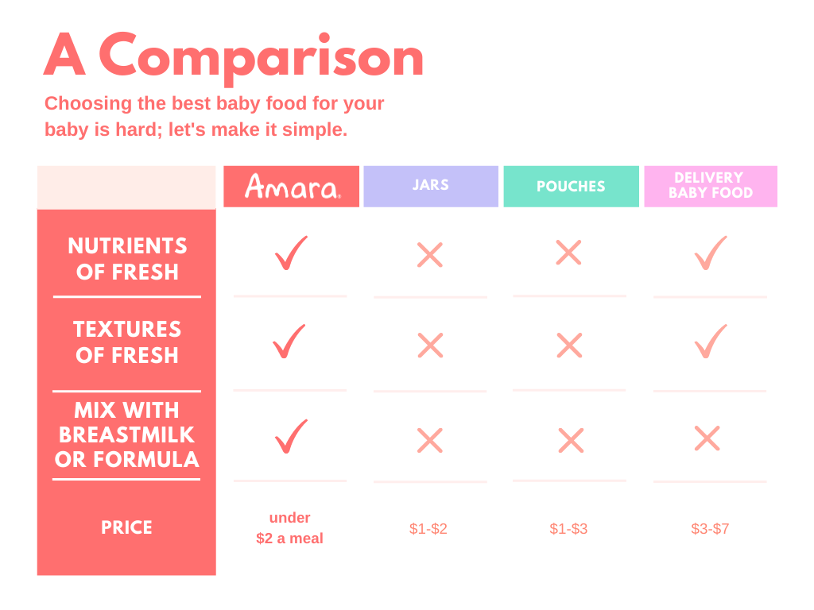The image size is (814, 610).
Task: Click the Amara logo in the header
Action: [293, 187]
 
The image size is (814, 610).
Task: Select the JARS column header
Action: [431, 186]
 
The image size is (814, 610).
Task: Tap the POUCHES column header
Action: [571, 186]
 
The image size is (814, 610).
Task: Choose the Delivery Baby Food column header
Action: [711, 186]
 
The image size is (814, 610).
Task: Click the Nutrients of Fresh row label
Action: [127, 259]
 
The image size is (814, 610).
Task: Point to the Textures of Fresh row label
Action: [127, 342]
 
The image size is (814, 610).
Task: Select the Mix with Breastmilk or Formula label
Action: [126, 434]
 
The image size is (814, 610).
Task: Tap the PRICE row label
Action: [126, 527]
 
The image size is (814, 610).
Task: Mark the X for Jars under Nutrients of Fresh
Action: [430, 255]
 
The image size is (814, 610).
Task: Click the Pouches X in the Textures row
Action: [569, 346]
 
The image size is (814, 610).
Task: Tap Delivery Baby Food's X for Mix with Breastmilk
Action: [707, 438]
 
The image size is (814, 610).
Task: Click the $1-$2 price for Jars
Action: [428, 528]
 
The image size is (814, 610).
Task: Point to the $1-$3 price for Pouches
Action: [568, 528]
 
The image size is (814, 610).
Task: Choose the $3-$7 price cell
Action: [710, 528]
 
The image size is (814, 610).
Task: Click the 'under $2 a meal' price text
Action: [289, 528]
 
